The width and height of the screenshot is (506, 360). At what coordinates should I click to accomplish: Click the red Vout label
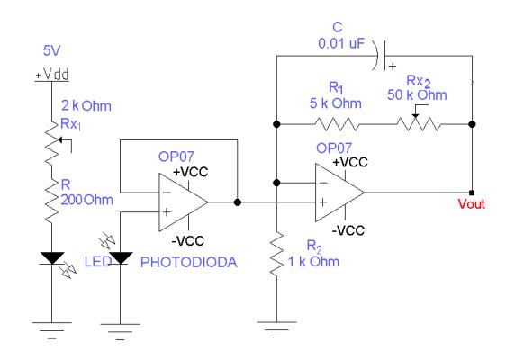click(x=472, y=204)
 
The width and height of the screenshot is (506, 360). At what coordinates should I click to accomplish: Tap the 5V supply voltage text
click(x=51, y=50)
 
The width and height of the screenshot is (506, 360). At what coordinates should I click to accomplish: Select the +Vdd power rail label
click(x=52, y=75)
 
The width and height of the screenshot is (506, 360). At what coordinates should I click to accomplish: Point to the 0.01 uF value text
click(x=341, y=43)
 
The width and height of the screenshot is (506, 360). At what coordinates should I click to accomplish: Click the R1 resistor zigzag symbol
click(x=337, y=124)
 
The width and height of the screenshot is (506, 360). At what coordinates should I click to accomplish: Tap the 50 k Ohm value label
click(x=417, y=94)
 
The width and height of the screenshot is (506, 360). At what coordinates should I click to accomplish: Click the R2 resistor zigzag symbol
click(x=276, y=254)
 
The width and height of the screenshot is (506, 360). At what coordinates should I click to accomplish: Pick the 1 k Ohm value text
click(x=313, y=262)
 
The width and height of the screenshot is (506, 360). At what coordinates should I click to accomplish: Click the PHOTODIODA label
click(x=189, y=262)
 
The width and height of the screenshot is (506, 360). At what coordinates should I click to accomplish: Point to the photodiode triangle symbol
click(x=120, y=258)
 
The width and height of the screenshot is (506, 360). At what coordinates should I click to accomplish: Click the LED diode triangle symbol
click(x=52, y=258)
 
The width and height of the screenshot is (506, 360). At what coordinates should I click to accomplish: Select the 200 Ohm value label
click(x=87, y=200)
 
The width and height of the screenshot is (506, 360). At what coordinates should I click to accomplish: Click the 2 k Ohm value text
click(x=86, y=106)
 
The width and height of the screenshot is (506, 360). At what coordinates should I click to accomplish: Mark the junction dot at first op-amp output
click(x=238, y=202)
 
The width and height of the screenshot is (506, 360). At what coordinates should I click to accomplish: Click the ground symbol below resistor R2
click(x=276, y=329)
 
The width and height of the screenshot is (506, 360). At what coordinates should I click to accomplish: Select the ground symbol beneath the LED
click(x=52, y=330)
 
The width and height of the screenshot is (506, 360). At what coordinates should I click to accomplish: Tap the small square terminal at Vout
click(x=472, y=193)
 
